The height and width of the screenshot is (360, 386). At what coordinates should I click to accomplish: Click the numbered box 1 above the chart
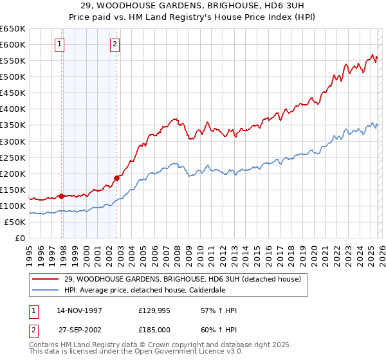click(x=59, y=44)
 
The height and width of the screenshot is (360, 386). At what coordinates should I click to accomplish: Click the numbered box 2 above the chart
click(x=114, y=44)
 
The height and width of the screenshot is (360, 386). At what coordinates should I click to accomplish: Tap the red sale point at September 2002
click(x=117, y=178)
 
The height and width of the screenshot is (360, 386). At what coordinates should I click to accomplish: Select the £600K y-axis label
click(x=13, y=45)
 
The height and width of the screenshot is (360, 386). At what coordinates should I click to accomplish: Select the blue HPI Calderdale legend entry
click(x=154, y=290)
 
